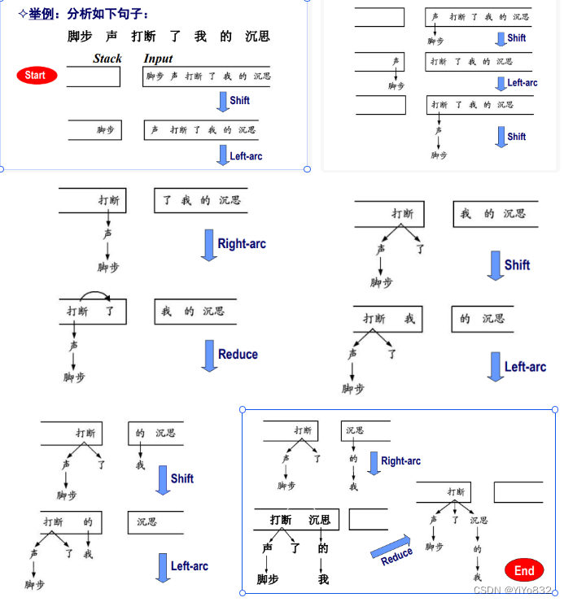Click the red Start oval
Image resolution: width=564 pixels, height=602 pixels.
pyautogui.click(x=37, y=76)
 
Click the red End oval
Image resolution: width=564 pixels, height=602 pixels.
pyautogui.click(x=524, y=570)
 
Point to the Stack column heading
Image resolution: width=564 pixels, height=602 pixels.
pyautogui.click(x=107, y=59)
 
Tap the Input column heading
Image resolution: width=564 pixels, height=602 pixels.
pyautogui.click(x=158, y=59)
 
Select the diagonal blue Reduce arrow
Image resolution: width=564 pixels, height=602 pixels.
pyautogui.click(x=391, y=549)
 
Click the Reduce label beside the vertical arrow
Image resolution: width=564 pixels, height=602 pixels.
pyautogui.click(x=238, y=355)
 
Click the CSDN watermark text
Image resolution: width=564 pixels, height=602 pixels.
pyautogui.click(x=512, y=591)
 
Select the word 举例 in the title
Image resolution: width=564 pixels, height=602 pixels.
pyautogui.click(x=42, y=14)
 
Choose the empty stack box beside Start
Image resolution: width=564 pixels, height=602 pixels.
pyautogui.click(x=94, y=76)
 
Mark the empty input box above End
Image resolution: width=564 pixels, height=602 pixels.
pyautogui.click(x=518, y=492)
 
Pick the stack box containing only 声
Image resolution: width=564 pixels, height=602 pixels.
pyautogui.click(x=379, y=61)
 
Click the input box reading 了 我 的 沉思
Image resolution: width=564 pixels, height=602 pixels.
pyautogui.click(x=200, y=200)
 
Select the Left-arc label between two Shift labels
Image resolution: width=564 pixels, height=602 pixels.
pyautogui.click(x=522, y=83)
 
